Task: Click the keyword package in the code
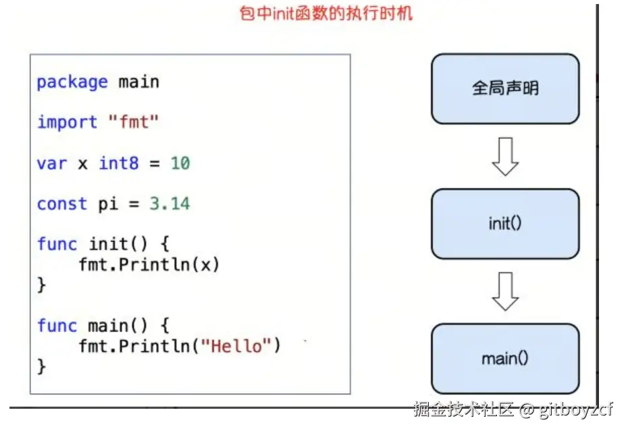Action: [72, 82]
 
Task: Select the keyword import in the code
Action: [68, 123]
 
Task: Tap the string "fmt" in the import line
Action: [134, 123]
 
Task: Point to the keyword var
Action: [52, 163]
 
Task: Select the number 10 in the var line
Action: [180, 163]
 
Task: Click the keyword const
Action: [62, 204]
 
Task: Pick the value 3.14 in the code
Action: [169, 204]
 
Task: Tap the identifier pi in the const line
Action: [108, 204]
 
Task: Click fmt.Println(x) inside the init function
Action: [149, 265]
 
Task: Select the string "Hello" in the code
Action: [236, 346]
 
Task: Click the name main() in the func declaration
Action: [118, 326]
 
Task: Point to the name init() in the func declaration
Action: [118, 244]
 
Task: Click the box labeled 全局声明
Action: [505, 89]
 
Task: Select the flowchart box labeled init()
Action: [505, 224]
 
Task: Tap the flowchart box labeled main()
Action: [505, 359]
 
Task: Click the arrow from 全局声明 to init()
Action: [505, 156]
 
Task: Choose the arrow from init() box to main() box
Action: [505, 291]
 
